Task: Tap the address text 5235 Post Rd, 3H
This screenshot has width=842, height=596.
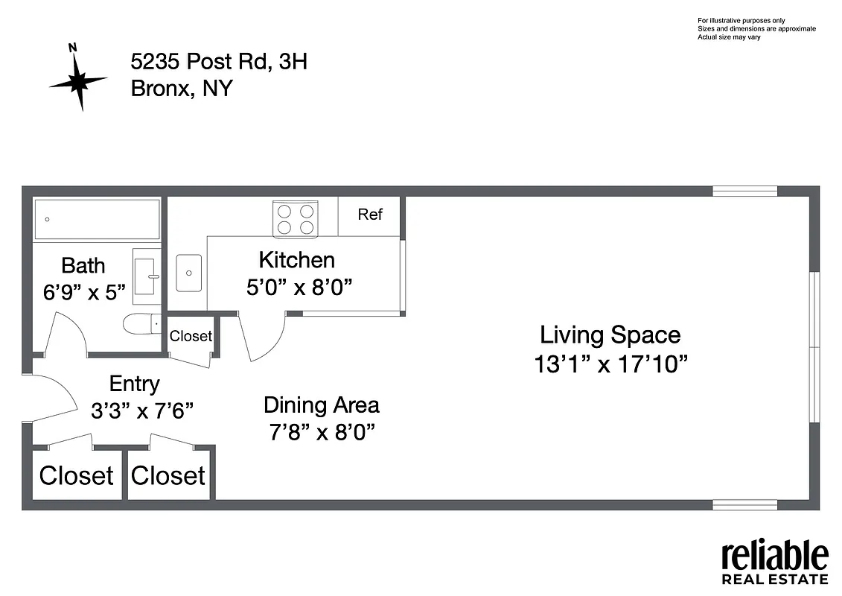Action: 219,62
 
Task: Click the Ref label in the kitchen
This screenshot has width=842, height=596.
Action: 370,215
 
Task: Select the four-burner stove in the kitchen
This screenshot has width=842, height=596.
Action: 295,219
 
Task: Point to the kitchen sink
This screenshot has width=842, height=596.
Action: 188,273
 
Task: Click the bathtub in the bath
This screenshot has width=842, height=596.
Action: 98,219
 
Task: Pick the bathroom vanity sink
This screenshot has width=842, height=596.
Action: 147,276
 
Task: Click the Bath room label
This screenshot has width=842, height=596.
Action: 83,265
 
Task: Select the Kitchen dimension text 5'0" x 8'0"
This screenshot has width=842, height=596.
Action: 299,287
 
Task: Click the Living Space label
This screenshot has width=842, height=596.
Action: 610,335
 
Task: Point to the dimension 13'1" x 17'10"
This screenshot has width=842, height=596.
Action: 610,364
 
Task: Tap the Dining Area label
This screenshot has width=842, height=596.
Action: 321,405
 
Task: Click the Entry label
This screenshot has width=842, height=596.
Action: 134,384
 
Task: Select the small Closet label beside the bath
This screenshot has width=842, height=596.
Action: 191,336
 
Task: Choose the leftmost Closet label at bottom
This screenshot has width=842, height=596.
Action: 76,475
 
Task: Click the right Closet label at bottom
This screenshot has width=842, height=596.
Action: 168,475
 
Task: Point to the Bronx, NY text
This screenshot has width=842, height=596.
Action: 182,89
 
